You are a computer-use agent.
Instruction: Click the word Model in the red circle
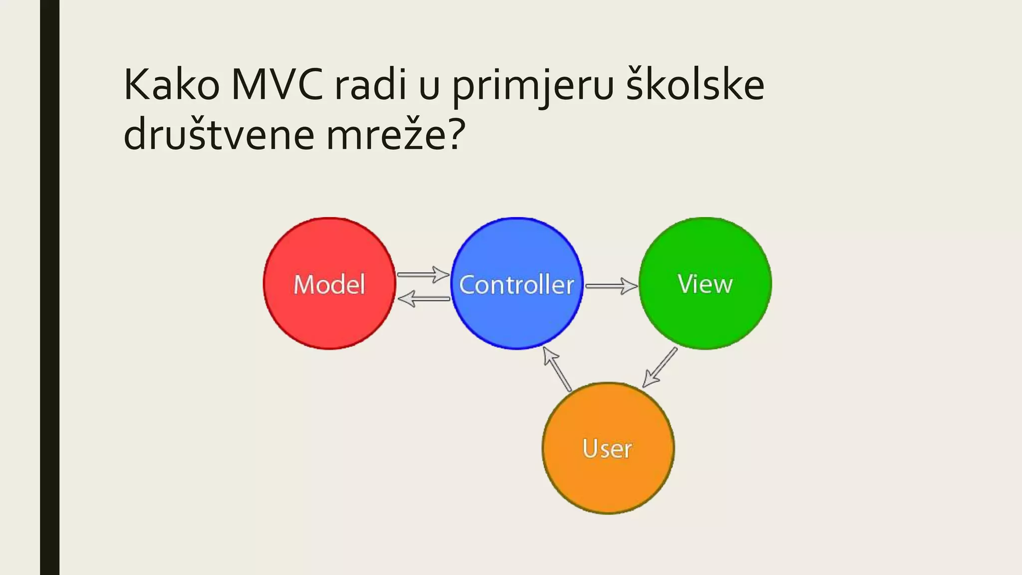point(329,285)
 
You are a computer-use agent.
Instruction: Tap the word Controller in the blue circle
point(516,285)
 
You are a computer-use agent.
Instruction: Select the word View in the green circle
point(705,284)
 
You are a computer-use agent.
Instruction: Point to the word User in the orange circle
point(607,448)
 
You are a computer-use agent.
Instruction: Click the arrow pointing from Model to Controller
point(423,274)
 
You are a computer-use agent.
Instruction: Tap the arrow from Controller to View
point(611,286)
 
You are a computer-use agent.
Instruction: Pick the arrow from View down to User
point(660,367)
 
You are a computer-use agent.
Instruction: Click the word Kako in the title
point(171,85)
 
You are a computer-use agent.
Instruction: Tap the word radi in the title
point(370,85)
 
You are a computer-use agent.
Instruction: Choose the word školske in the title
point(695,85)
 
